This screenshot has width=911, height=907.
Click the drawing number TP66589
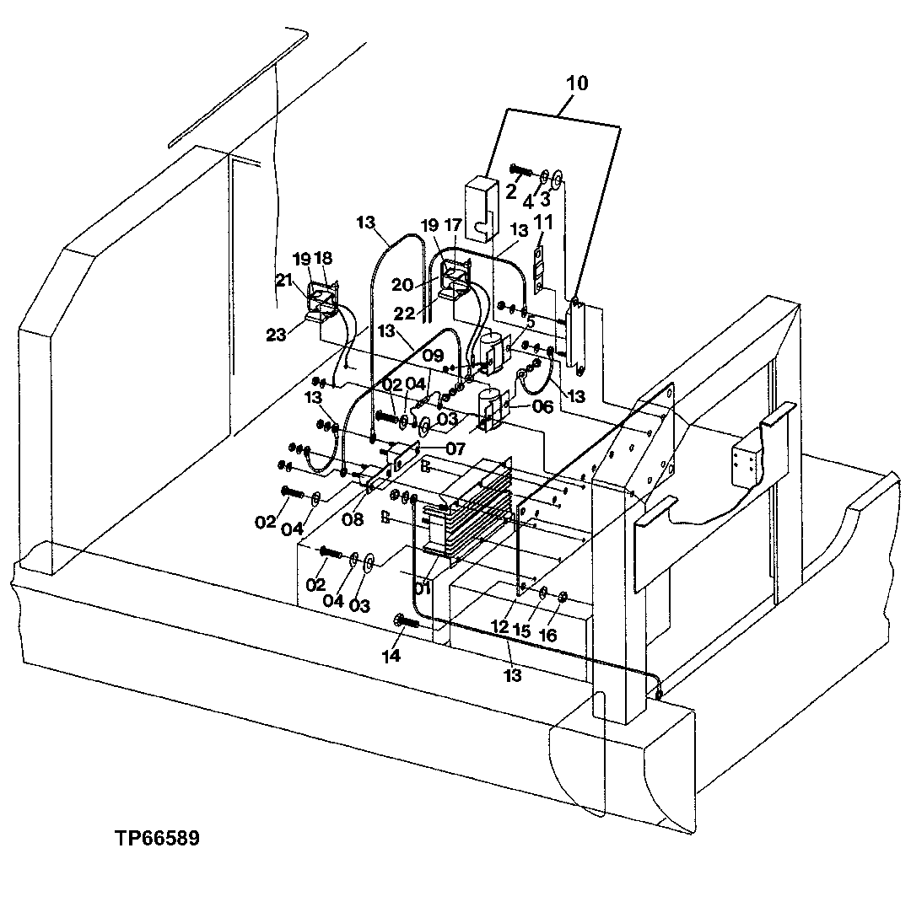159,840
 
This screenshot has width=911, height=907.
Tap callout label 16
547,635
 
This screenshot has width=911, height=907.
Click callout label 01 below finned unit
423,588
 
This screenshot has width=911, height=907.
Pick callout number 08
353,520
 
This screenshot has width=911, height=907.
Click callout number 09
433,357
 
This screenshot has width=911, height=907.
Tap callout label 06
542,406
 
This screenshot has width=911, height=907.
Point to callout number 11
544,223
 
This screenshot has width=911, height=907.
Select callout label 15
524,631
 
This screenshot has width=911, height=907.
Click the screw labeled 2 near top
520,172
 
